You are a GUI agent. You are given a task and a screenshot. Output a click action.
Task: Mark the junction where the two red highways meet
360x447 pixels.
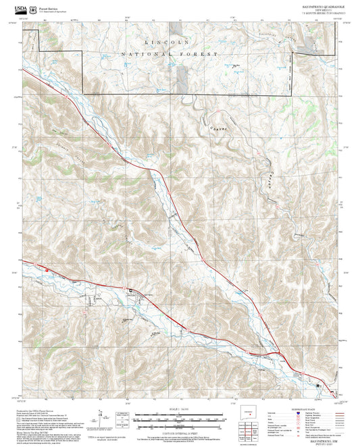pos(277,353)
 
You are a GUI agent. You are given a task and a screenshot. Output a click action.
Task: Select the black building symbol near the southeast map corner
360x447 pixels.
pos(317,384)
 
